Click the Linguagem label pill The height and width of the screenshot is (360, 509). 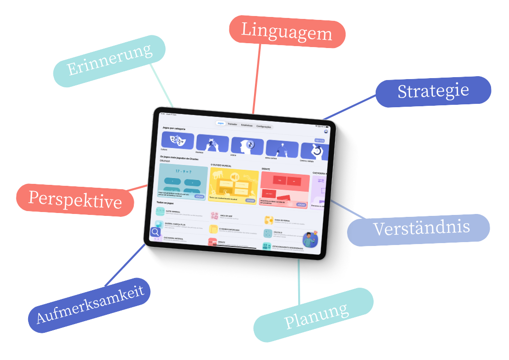[287, 32]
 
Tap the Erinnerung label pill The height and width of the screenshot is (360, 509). [109, 61]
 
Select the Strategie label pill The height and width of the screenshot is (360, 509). [433, 91]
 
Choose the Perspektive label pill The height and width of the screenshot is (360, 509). [75, 199]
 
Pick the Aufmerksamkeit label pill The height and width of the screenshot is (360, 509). [90, 305]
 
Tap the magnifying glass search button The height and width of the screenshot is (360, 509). [155, 232]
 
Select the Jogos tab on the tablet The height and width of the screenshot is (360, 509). [221, 123]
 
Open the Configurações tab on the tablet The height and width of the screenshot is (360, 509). [264, 127]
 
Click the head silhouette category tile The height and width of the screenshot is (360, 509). [247, 146]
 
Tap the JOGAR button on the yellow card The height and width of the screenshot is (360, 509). [250, 200]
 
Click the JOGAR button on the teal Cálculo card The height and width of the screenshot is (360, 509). [199, 196]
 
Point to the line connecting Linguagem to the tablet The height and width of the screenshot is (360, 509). [256, 78]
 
